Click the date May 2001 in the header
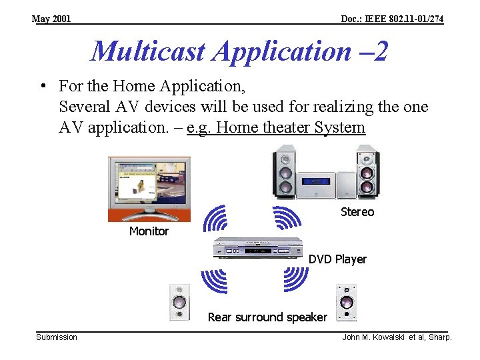(x=51, y=19)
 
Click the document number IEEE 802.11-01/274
(x=391, y=19)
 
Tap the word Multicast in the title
(x=149, y=51)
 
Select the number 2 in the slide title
(x=380, y=51)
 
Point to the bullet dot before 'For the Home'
(x=42, y=87)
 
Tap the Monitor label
(x=149, y=231)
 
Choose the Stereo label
(x=357, y=212)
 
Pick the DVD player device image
(x=257, y=249)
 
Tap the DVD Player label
(x=337, y=259)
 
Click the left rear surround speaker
(x=179, y=303)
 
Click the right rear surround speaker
(x=346, y=303)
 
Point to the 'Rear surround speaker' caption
(x=267, y=317)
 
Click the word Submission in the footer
(x=57, y=337)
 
